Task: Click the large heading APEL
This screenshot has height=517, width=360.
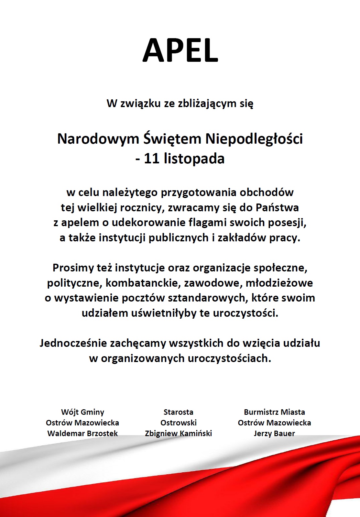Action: tap(180, 50)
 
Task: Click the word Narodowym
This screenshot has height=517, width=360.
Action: tap(98, 139)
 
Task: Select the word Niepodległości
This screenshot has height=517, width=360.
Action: tap(254, 139)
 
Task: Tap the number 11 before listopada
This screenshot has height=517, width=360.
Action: tap(152, 159)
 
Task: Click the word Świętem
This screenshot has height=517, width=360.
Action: tap(172, 139)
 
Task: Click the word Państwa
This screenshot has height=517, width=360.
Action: tap(277, 207)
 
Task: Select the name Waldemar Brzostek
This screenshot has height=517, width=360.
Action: tap(82, 434)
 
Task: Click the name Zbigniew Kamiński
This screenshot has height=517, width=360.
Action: tap(179, 434)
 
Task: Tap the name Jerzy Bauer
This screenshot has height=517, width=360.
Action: tap(274, 434)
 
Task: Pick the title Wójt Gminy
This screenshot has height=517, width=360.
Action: tap(82, 412)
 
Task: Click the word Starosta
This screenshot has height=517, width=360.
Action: tap(179, 412)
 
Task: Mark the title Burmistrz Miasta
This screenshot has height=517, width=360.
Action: tap(274, 412)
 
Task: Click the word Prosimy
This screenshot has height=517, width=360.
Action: tap(73, 268)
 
